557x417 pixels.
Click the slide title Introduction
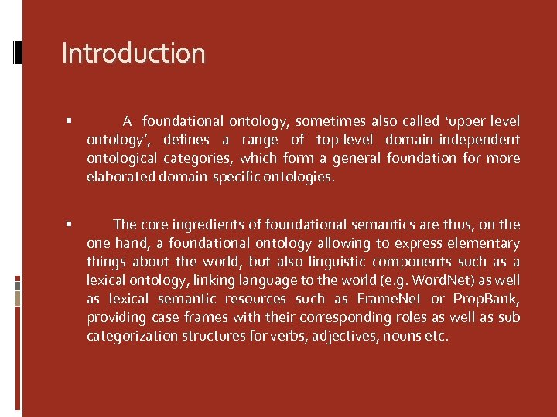133,53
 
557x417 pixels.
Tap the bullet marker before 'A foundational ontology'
69,121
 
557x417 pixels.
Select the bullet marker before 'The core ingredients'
69,225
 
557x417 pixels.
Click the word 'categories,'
196,158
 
